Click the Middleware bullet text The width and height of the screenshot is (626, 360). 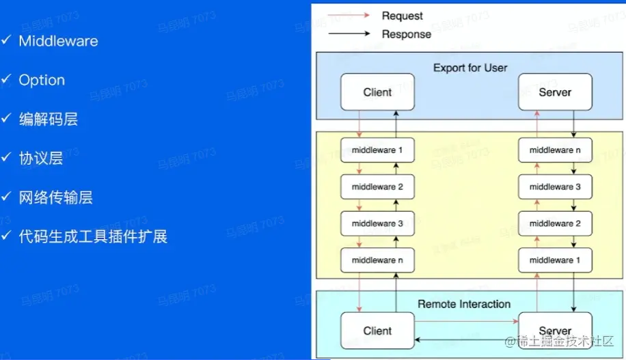point(58,41)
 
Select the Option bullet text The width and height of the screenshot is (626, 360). point(42,80)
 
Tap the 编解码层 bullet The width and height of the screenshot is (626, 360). point(48,119)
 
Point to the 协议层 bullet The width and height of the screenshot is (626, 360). point(41,158)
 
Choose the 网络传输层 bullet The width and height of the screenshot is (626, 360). point(55,197)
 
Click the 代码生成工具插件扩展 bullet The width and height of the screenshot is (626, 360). point(93,237)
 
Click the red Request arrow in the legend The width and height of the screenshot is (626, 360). point(349,15)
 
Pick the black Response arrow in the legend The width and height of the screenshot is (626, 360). point(349,33)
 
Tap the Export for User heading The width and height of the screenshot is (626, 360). point(470,68)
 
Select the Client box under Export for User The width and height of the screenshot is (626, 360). point(377,92)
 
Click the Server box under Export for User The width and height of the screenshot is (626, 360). point(555,92)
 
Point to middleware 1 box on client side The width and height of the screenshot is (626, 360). point(377,150)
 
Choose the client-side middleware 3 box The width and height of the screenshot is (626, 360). point(377,223)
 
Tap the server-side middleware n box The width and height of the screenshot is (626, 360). point(555,150)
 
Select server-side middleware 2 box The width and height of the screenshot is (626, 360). point(555,223)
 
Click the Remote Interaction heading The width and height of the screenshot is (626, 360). point(464,304)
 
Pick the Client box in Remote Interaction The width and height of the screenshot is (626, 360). point(377,331)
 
